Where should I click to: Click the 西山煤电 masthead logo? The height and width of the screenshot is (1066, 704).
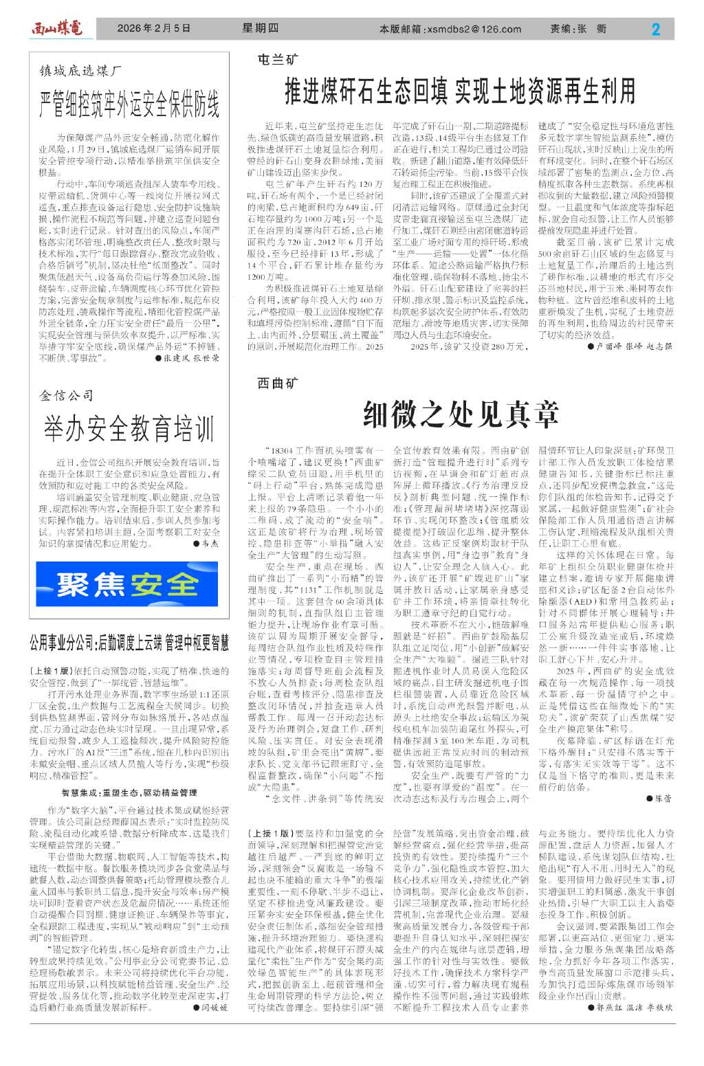click(x=56, y=29)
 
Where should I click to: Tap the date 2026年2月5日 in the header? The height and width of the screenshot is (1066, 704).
click(x=153, y=29)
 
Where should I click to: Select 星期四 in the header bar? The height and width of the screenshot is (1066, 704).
click(x=261, y=29)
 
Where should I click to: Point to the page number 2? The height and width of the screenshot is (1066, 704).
click(x=655, y=29)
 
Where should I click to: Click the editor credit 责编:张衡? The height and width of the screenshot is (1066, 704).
click(x=578, y=30)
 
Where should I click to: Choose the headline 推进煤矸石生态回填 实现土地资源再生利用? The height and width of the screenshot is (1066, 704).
click(x=459, y=90)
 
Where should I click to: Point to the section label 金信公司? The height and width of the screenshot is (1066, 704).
click(x=67, y=395)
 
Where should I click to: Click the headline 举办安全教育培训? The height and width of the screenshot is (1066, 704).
click(x=129, y=429)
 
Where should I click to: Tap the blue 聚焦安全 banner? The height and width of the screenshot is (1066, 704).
click(x=129, y=585)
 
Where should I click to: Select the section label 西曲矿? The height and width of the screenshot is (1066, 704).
click(x=278, y=383)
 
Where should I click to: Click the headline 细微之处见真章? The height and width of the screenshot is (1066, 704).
click(x=460, y=413)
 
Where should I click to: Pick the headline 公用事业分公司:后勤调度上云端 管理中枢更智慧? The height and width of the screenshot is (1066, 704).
click(x=129, y=644)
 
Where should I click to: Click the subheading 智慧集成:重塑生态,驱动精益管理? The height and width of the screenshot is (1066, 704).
click(x=129, y=792)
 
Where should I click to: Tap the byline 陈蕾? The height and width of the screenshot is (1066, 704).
click(x=659, y=799)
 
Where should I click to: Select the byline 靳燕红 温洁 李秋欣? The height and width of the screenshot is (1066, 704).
click(x=630, y=1008)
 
